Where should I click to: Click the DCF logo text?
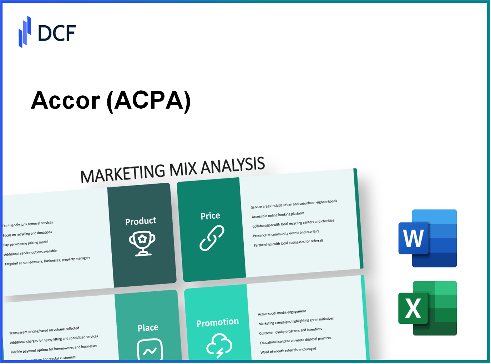coord(57,33)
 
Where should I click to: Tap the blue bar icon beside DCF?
coord(25,32)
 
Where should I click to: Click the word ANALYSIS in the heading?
coord(233,166)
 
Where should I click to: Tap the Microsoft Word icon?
coord(427,238)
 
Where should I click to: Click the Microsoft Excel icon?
coord(427,308)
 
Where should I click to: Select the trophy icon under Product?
coord(142,244)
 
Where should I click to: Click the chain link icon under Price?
coord(212,238)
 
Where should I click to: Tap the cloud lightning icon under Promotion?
coord(219,345)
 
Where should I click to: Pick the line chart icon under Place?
coord(150,349)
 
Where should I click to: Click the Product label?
coord(141,221)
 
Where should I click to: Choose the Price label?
coord(210,216)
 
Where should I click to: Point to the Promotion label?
coord(217,323)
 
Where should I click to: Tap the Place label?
coord(148,328)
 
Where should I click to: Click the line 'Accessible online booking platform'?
coord(278,215)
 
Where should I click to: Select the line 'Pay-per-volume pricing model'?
coord(26,244)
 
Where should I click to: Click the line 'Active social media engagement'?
coord(282,312)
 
